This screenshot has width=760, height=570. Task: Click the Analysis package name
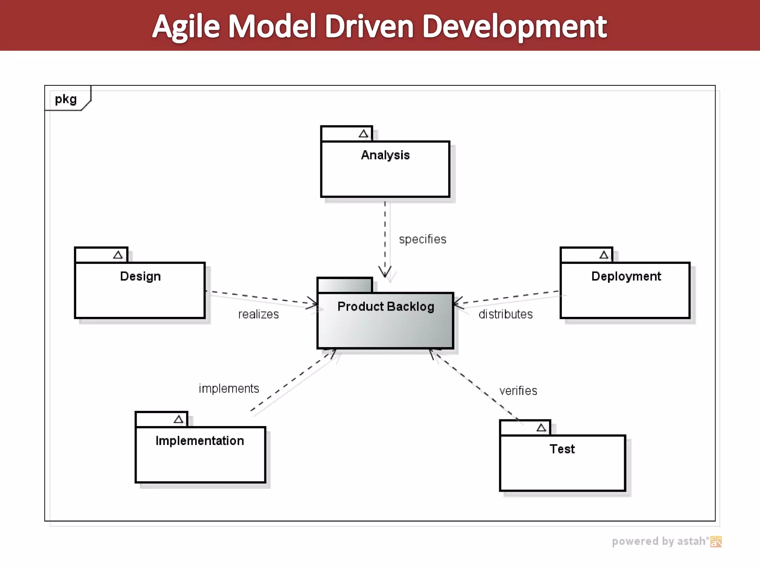tap(385, 155)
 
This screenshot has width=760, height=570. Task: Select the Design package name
tap(140, 276)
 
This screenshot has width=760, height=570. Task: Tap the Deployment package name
tap(626, 276)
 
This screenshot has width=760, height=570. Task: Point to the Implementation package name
tap(200, 441)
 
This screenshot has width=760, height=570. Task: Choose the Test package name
tap(562, 449)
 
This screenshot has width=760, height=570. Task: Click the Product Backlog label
tap(386, 307)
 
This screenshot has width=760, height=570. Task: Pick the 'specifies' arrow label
tap(423, 239)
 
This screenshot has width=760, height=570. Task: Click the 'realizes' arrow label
tap(258, 314)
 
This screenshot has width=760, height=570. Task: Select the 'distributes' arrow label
tap(505, 314)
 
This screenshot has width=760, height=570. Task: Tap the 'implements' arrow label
tap(229, 389)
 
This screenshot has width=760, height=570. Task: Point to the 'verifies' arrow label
tap(518, 391)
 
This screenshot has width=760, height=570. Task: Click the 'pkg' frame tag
tap(66, 99)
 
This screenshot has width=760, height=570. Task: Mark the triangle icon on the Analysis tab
tap(363, 134)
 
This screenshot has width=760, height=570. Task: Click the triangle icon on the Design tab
tap(118, 255)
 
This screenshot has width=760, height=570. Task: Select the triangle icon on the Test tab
tap(541, 428)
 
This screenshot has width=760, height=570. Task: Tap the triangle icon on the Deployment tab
tap(604, 255)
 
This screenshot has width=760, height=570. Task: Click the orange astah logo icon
tap(716, 542)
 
